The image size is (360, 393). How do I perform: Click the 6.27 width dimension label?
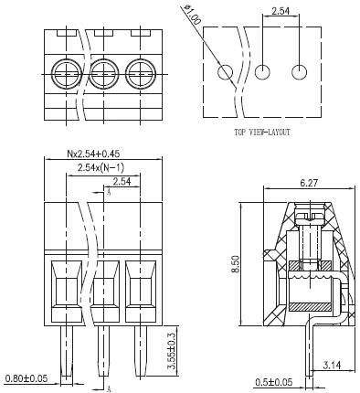coord(309,183)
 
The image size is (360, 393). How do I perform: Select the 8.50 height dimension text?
coord(236,264)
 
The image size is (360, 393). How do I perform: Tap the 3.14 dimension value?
coord(332,365)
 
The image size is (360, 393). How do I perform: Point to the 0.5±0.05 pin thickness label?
coord(273,382)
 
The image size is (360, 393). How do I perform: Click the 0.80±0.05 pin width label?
coord(26,378)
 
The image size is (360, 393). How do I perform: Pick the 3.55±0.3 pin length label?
coord(172,351)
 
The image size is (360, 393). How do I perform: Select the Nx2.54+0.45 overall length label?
coord(93,154)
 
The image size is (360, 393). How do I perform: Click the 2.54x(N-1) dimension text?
coord(101,167)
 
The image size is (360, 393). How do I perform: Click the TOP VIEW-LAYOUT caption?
coord(262,133)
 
